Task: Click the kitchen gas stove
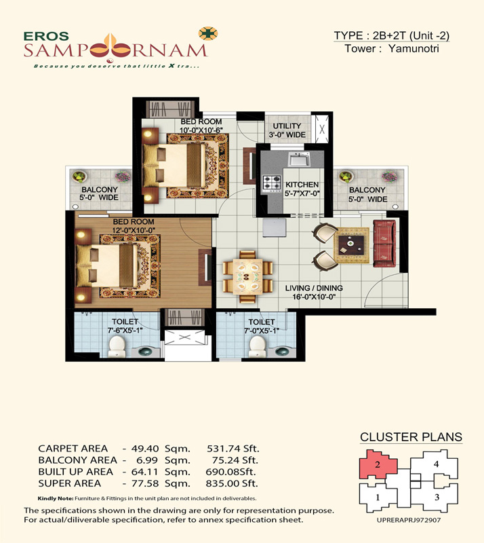(x=272, y=183)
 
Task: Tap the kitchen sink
(x=300, y=160)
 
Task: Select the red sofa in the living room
(x=384, y=244)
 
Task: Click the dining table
(x=247, y=277)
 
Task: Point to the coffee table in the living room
(x=351, y=245)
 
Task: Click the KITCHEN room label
(x=302, y=185)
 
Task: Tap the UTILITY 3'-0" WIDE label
(x=287, y=130)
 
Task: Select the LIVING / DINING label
(x=314, y=288)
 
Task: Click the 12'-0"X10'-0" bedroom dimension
(x=134, y=230)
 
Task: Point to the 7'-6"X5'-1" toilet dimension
(x=125, y=331)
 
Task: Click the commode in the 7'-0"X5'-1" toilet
(x=258, y=347)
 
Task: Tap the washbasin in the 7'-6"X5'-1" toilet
(x=145, y=352)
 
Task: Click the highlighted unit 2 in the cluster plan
(x=378, y=465)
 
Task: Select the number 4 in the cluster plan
(x=437, y=464)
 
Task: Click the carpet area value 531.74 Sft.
(x=233, y=449)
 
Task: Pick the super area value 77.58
(x=144, y=483)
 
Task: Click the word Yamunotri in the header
(x=414, y=48)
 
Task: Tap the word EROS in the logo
(x=46, y=36)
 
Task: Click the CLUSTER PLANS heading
(x=411, y=437)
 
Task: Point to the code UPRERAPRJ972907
(x=409, y=520)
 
